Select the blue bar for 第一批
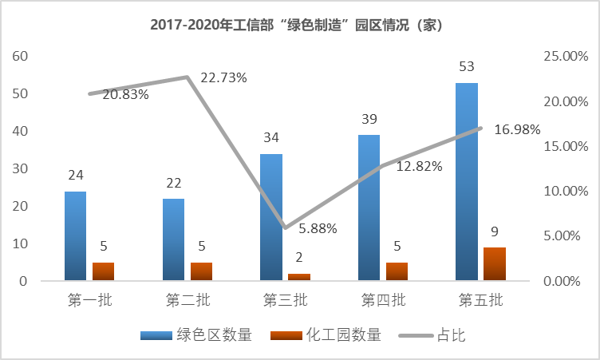click(x=75, y=236)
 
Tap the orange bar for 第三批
click(x=299, y=276)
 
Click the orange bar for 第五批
click(x=495, y=264)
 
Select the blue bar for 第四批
click(x=369, y=208)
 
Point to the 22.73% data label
click(x=223, y=77)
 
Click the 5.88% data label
click(x=318, y=228)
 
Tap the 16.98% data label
click(x=517, y=129)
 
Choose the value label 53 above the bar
click(x=467, y=65)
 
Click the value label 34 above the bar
click(x=271, y=137)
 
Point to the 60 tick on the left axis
click(x=20, y=56)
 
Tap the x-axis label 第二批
click(x=187, y=301)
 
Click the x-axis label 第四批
click(x=384, y=301)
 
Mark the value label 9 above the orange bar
click(x=495, y=232)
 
